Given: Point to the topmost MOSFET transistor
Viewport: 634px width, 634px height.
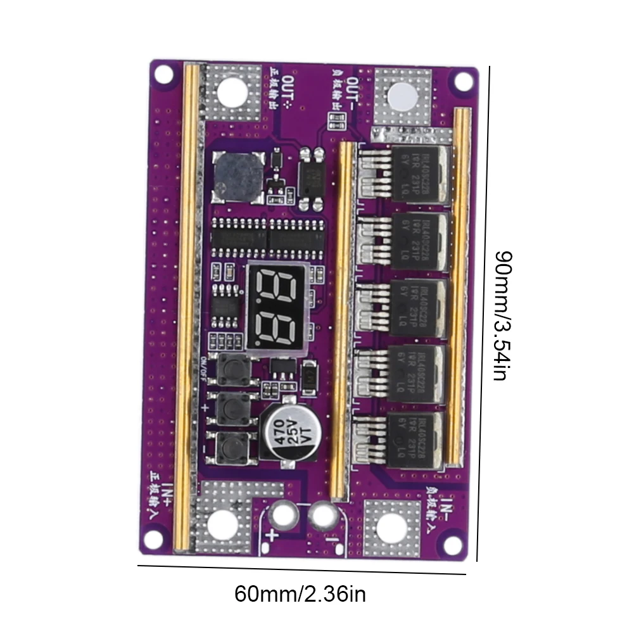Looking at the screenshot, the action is click(422, 173).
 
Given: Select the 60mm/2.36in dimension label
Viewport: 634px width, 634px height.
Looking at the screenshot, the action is click(300, 594).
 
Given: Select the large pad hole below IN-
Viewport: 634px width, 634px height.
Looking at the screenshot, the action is click(391, 527).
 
